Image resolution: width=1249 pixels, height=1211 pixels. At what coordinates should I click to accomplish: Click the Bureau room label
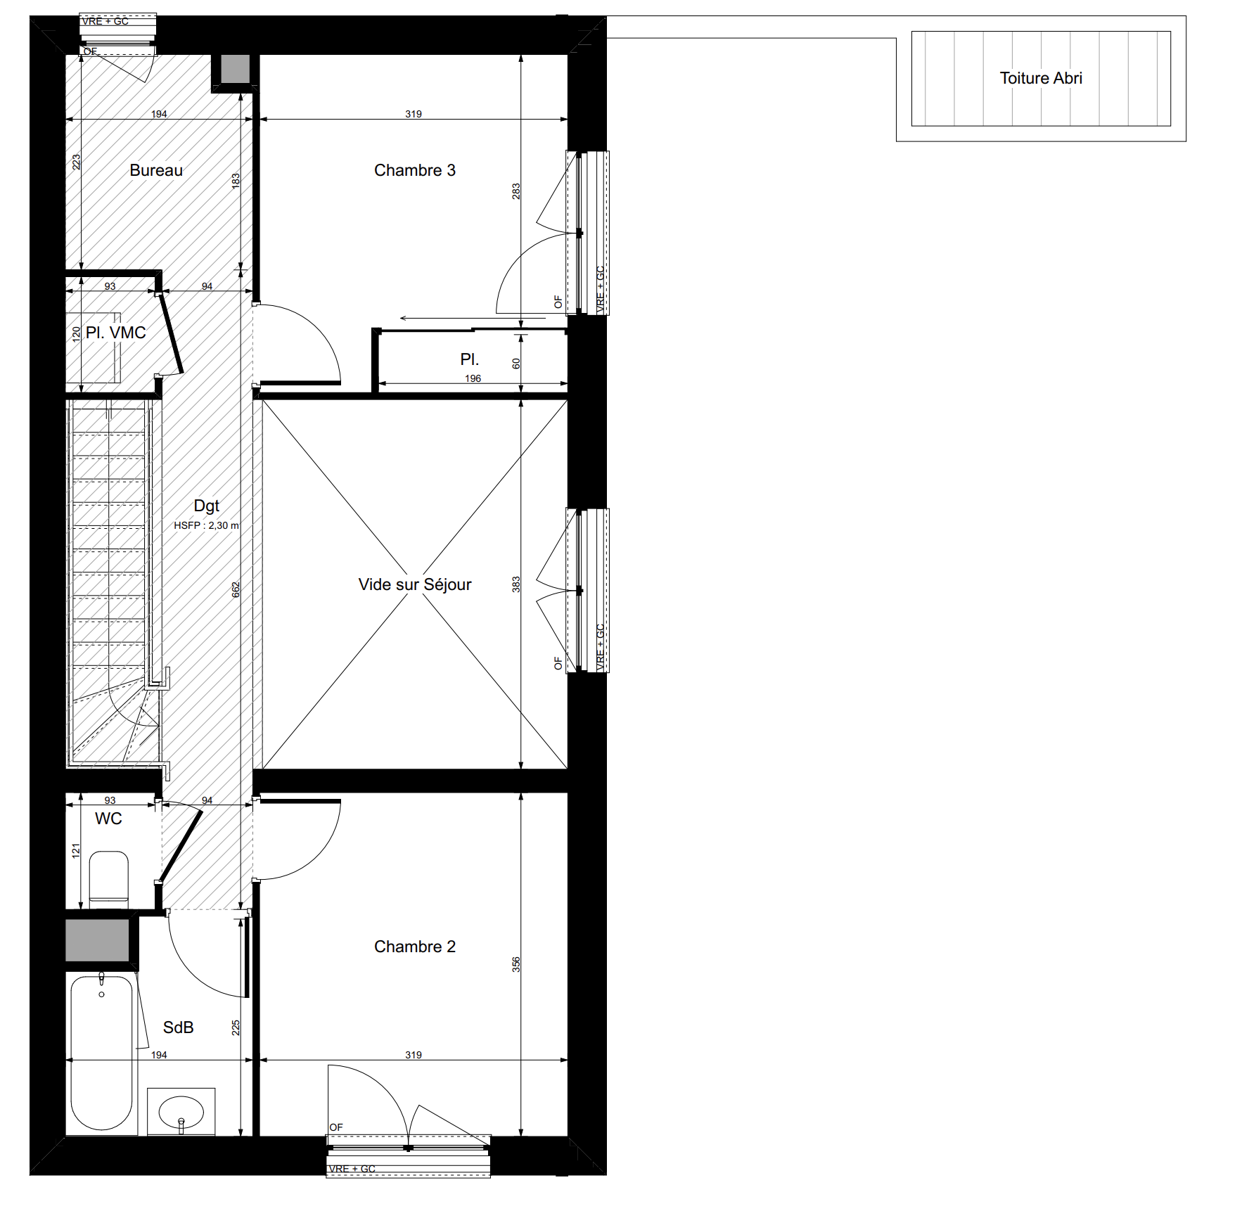156,170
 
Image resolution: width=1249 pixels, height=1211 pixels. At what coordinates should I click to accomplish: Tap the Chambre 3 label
415,170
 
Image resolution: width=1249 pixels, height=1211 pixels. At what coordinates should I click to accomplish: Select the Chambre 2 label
415,947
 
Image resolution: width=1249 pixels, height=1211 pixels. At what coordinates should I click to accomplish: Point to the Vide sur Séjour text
415,584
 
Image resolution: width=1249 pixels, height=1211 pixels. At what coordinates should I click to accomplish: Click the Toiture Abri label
1041,78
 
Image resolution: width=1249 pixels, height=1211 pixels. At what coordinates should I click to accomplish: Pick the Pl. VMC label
116,333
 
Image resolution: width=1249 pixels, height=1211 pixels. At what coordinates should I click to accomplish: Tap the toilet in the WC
109,878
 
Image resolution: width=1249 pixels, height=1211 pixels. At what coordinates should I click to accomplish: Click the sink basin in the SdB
181,1112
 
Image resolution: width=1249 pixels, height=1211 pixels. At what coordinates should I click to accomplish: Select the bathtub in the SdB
102,1052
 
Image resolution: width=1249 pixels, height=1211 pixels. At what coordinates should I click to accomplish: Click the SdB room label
178,1027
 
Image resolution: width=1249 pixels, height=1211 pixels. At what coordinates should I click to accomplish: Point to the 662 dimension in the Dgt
236,590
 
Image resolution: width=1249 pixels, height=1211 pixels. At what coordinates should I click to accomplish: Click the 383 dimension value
516,584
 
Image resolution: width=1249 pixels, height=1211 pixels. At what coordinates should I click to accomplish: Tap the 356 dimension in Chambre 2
516,964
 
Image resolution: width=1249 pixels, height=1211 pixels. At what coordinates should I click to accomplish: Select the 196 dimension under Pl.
473,378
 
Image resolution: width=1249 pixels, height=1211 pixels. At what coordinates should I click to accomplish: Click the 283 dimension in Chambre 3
516,191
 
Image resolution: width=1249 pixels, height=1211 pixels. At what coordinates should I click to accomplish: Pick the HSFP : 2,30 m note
207,525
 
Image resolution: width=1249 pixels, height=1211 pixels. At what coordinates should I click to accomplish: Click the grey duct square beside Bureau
236,69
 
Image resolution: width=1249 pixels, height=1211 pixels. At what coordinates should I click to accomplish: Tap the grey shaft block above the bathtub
98,940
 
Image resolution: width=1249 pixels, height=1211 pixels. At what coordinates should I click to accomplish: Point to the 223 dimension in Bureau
76,162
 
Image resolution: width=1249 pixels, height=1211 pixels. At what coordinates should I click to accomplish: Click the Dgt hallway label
207,506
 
